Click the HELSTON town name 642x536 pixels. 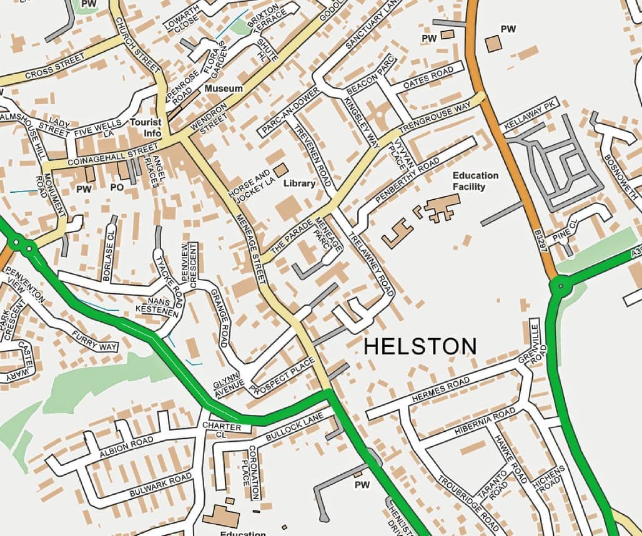pos(420,346)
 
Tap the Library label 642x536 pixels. pos(299,184)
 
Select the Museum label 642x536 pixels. pos(224,89)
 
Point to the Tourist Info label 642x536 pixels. pos(146,128)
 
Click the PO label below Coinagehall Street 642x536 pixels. pos(117,187)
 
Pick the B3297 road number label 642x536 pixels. pos(541,239)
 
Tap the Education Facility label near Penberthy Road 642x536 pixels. pos(475,181)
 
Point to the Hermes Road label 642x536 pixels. pos(440,389)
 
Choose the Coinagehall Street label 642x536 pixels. pos(112,155)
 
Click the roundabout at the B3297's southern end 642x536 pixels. pos(560,288)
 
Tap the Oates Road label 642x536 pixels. pos(428,77)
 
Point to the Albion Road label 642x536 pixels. pos(126,447)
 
